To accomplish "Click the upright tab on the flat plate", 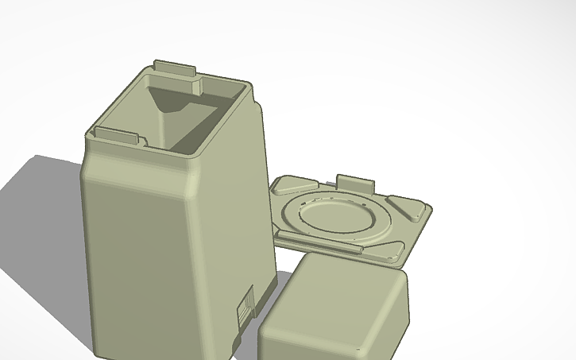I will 354,182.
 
